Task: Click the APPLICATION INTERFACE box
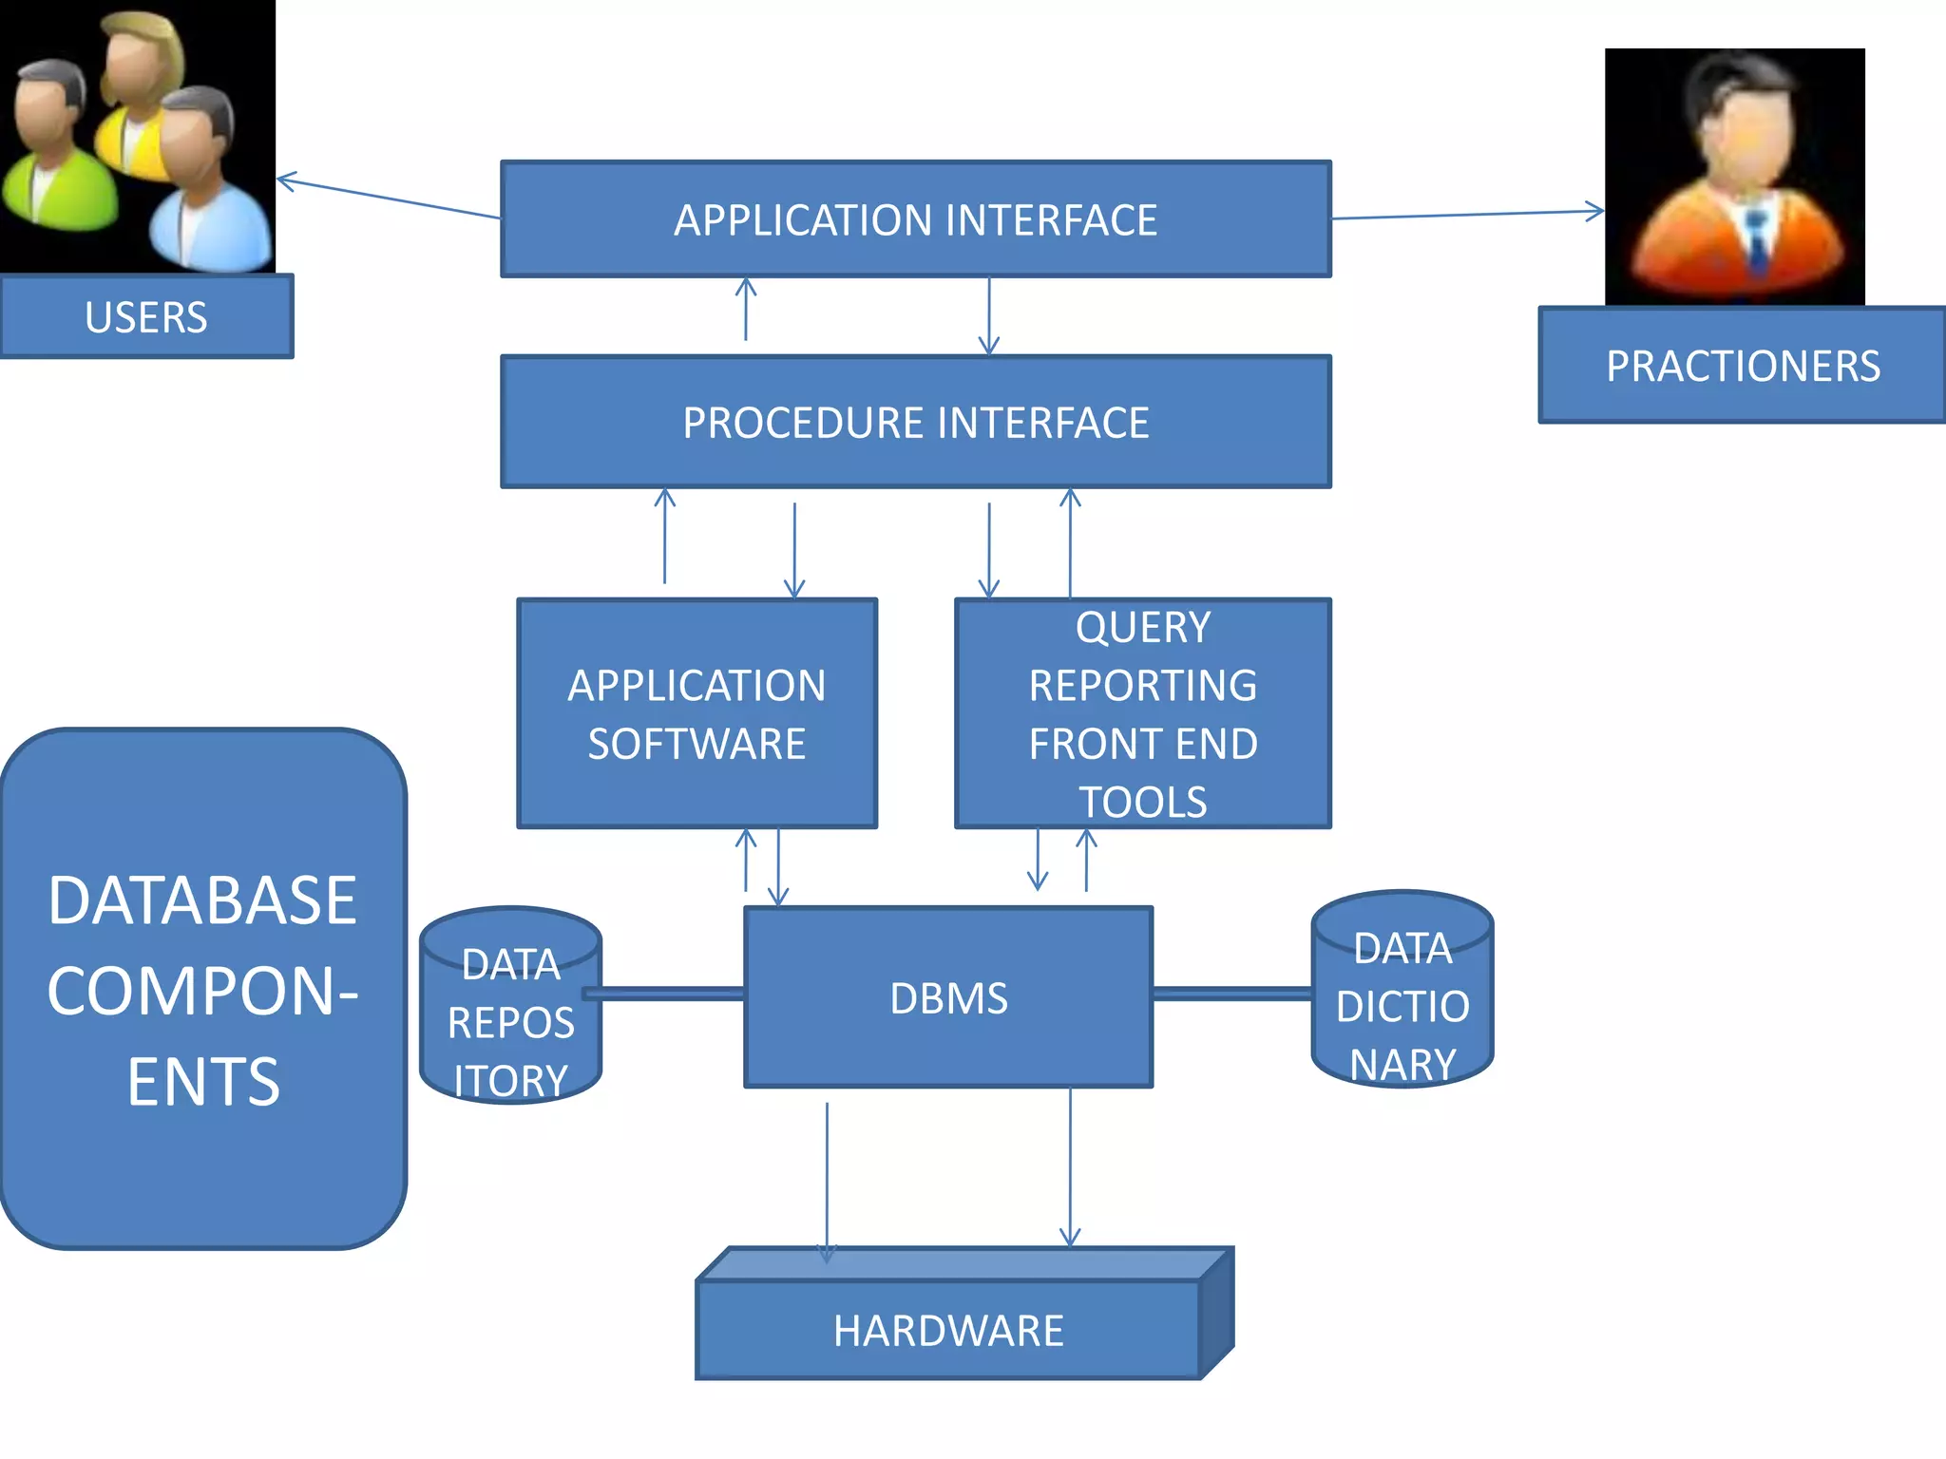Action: point(915,219)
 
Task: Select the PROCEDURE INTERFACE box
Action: point(915,423)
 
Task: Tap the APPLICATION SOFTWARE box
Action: point(696,714)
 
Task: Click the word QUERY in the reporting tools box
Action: point(1143,628)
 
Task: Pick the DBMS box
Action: point(948,998)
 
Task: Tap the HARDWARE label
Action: point(948,1331)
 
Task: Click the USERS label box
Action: point(146,317)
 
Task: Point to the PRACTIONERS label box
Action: point(1743,366)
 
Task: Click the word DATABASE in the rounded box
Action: point(202,900)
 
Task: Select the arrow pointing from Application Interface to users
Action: point(390,198)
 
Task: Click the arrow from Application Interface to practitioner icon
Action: point(1468,215)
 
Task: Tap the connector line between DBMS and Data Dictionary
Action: point(1232,994)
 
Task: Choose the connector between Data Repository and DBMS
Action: point(665,994)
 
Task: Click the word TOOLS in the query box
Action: point(1143,803)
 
